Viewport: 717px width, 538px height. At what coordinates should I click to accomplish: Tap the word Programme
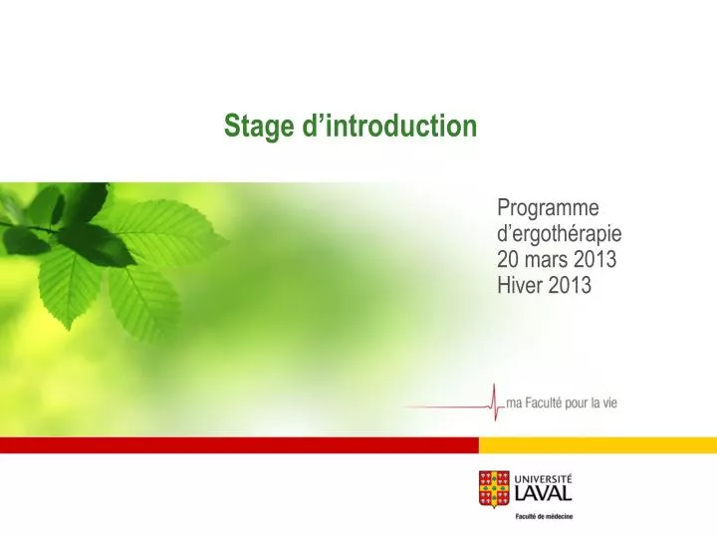tap(548, 208)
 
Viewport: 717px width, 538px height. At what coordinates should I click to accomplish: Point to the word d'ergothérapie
tap(559, 234)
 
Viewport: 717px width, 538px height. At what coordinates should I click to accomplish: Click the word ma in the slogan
tap(514, 403)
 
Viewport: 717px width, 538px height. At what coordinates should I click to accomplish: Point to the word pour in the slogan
tap(586, 403)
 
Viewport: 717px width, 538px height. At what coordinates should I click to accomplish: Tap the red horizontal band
tap(239, 445)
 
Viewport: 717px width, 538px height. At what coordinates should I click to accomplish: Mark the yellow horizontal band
tap(597, 445)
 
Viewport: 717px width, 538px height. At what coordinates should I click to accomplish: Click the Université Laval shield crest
tap(493, 488)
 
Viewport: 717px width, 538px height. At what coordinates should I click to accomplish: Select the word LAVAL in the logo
tap(544, 494)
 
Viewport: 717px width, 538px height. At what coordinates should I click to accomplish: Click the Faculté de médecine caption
tap(544, 516)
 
